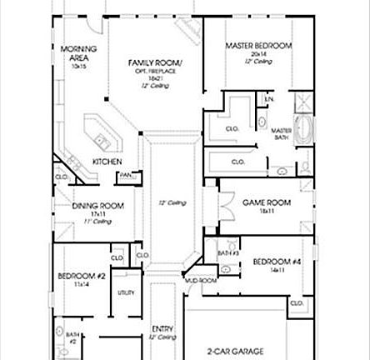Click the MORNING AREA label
coord(78,53)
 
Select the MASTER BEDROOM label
coord(259,45)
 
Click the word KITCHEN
coord(107,161)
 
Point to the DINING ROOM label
coord(97,206)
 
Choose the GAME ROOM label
coord(266,202)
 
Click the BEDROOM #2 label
coord(81,276)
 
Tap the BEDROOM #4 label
coord(277,262)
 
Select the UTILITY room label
coord(126,292)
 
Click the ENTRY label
coord(162,328)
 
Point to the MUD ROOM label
coord(202,282)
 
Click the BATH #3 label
coord(227,252)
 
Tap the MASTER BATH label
coord(281,133)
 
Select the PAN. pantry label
coord(126,175)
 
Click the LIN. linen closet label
coord(269,100)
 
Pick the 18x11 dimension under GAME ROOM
coord(266,212)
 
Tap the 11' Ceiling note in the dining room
coord(97,221)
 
